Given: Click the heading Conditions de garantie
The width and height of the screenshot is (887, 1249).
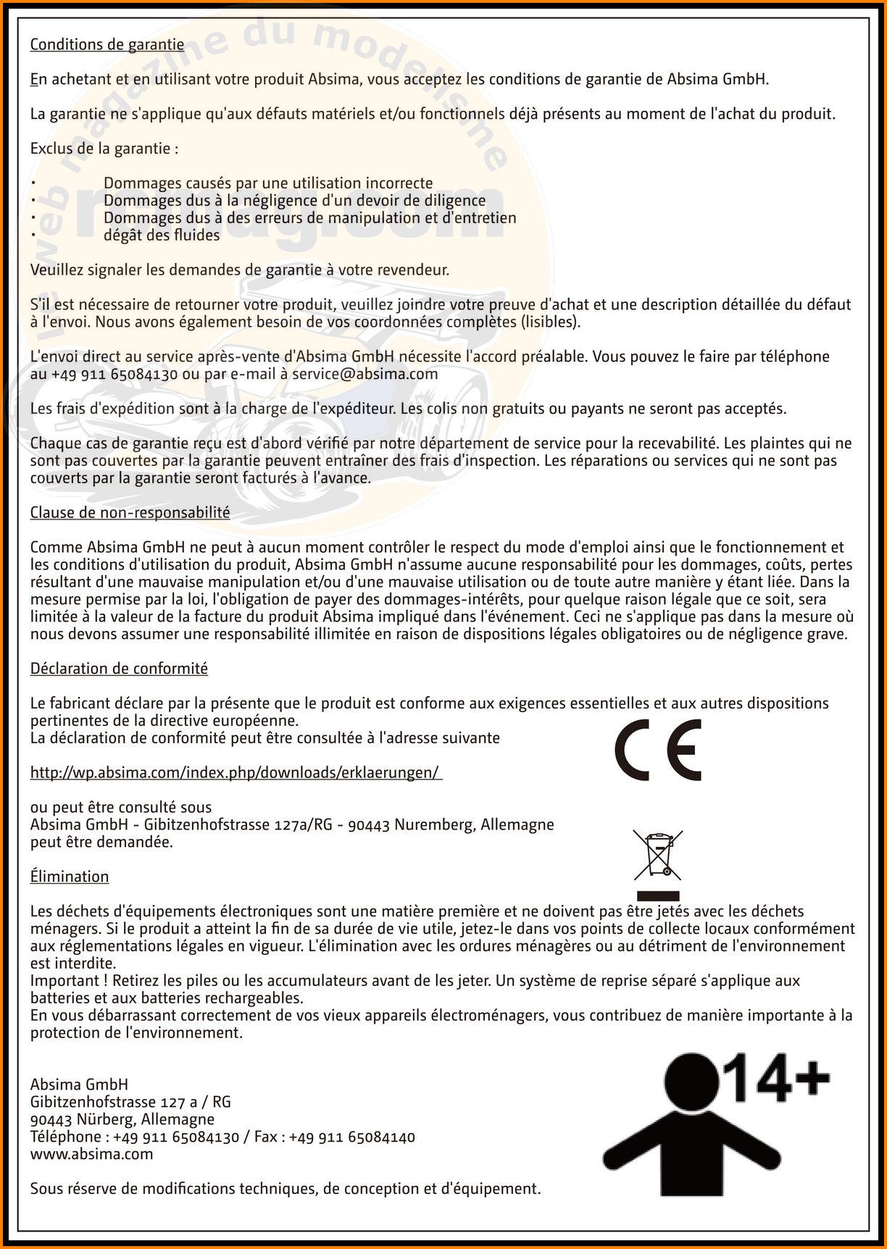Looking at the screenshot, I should [107, 44].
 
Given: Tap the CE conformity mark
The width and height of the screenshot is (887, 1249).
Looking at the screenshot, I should [658, 750].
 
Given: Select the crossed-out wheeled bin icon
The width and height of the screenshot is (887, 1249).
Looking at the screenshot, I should [657, 854].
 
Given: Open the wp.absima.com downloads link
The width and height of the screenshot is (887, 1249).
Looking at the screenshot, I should [235, 772].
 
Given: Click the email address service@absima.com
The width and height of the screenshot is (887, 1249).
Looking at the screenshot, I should [365, 374].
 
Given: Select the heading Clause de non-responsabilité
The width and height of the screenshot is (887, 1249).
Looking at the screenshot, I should [130, 513].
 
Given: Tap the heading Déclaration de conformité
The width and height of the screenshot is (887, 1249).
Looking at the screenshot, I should [119, 669].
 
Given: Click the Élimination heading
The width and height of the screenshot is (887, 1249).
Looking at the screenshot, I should [70, 877].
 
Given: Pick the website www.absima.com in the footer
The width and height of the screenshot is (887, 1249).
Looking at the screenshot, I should [91, 1154].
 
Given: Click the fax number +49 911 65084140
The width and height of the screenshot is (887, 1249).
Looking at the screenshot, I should [352, 1137].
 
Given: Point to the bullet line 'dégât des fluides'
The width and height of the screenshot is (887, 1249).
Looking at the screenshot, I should [161, 235].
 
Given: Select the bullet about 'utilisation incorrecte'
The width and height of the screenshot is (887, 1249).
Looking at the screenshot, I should [268, 183].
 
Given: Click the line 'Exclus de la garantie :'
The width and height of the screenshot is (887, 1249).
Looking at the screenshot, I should [104, 149].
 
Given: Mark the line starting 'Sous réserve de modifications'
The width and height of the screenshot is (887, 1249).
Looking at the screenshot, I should [286, 1189].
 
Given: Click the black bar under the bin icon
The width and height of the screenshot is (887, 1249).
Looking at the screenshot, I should [657, 895].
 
